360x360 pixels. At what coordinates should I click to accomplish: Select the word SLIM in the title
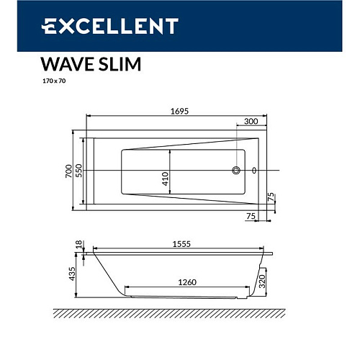click(x=118, y=65)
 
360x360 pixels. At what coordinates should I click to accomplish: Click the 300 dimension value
click(x=251, y=122)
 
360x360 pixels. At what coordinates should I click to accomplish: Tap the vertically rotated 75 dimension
click(x=272, y=197)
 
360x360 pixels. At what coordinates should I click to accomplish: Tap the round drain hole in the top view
click(x=235, y=171)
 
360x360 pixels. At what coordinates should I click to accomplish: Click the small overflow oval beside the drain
click(x=253, y=171)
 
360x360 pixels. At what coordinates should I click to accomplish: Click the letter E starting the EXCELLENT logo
click(x=49, y=26)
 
